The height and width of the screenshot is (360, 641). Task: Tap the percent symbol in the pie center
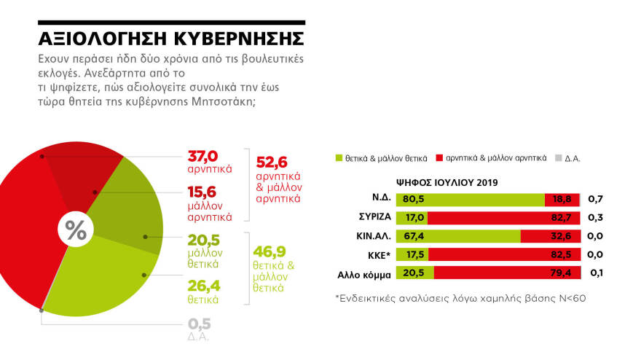(76, 230)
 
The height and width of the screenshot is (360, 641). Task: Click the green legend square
(338, 157)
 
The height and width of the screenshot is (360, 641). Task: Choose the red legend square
(439, 157)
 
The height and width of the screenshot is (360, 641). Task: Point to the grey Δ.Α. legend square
(558, 157)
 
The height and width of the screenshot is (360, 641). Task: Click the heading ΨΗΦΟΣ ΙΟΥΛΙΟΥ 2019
(447, 182)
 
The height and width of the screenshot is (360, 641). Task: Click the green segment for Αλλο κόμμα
(414, 274)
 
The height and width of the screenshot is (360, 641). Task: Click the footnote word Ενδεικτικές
(369, 299)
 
